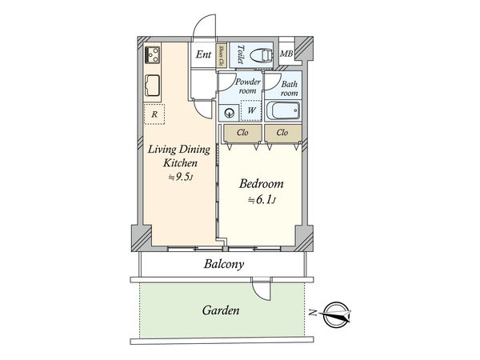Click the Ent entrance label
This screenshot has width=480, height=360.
click(x=204, y=54)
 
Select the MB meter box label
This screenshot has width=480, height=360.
click(x=286, y=54)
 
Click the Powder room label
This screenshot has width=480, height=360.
click(x=246, y=87)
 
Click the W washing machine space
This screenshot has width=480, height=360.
click(x=251, y=110)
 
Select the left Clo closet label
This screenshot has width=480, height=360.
click(x=241, y=133)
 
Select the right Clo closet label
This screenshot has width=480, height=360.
click(x=282, y=133)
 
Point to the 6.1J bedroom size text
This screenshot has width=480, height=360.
click(x=263, y=199)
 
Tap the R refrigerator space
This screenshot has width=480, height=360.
click(x=154, y=114)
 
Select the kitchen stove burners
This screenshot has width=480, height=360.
click(x=152, y=56)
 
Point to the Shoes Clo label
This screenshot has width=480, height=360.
click(x=221, y=54)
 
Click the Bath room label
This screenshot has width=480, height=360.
click(x=289, y=87)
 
